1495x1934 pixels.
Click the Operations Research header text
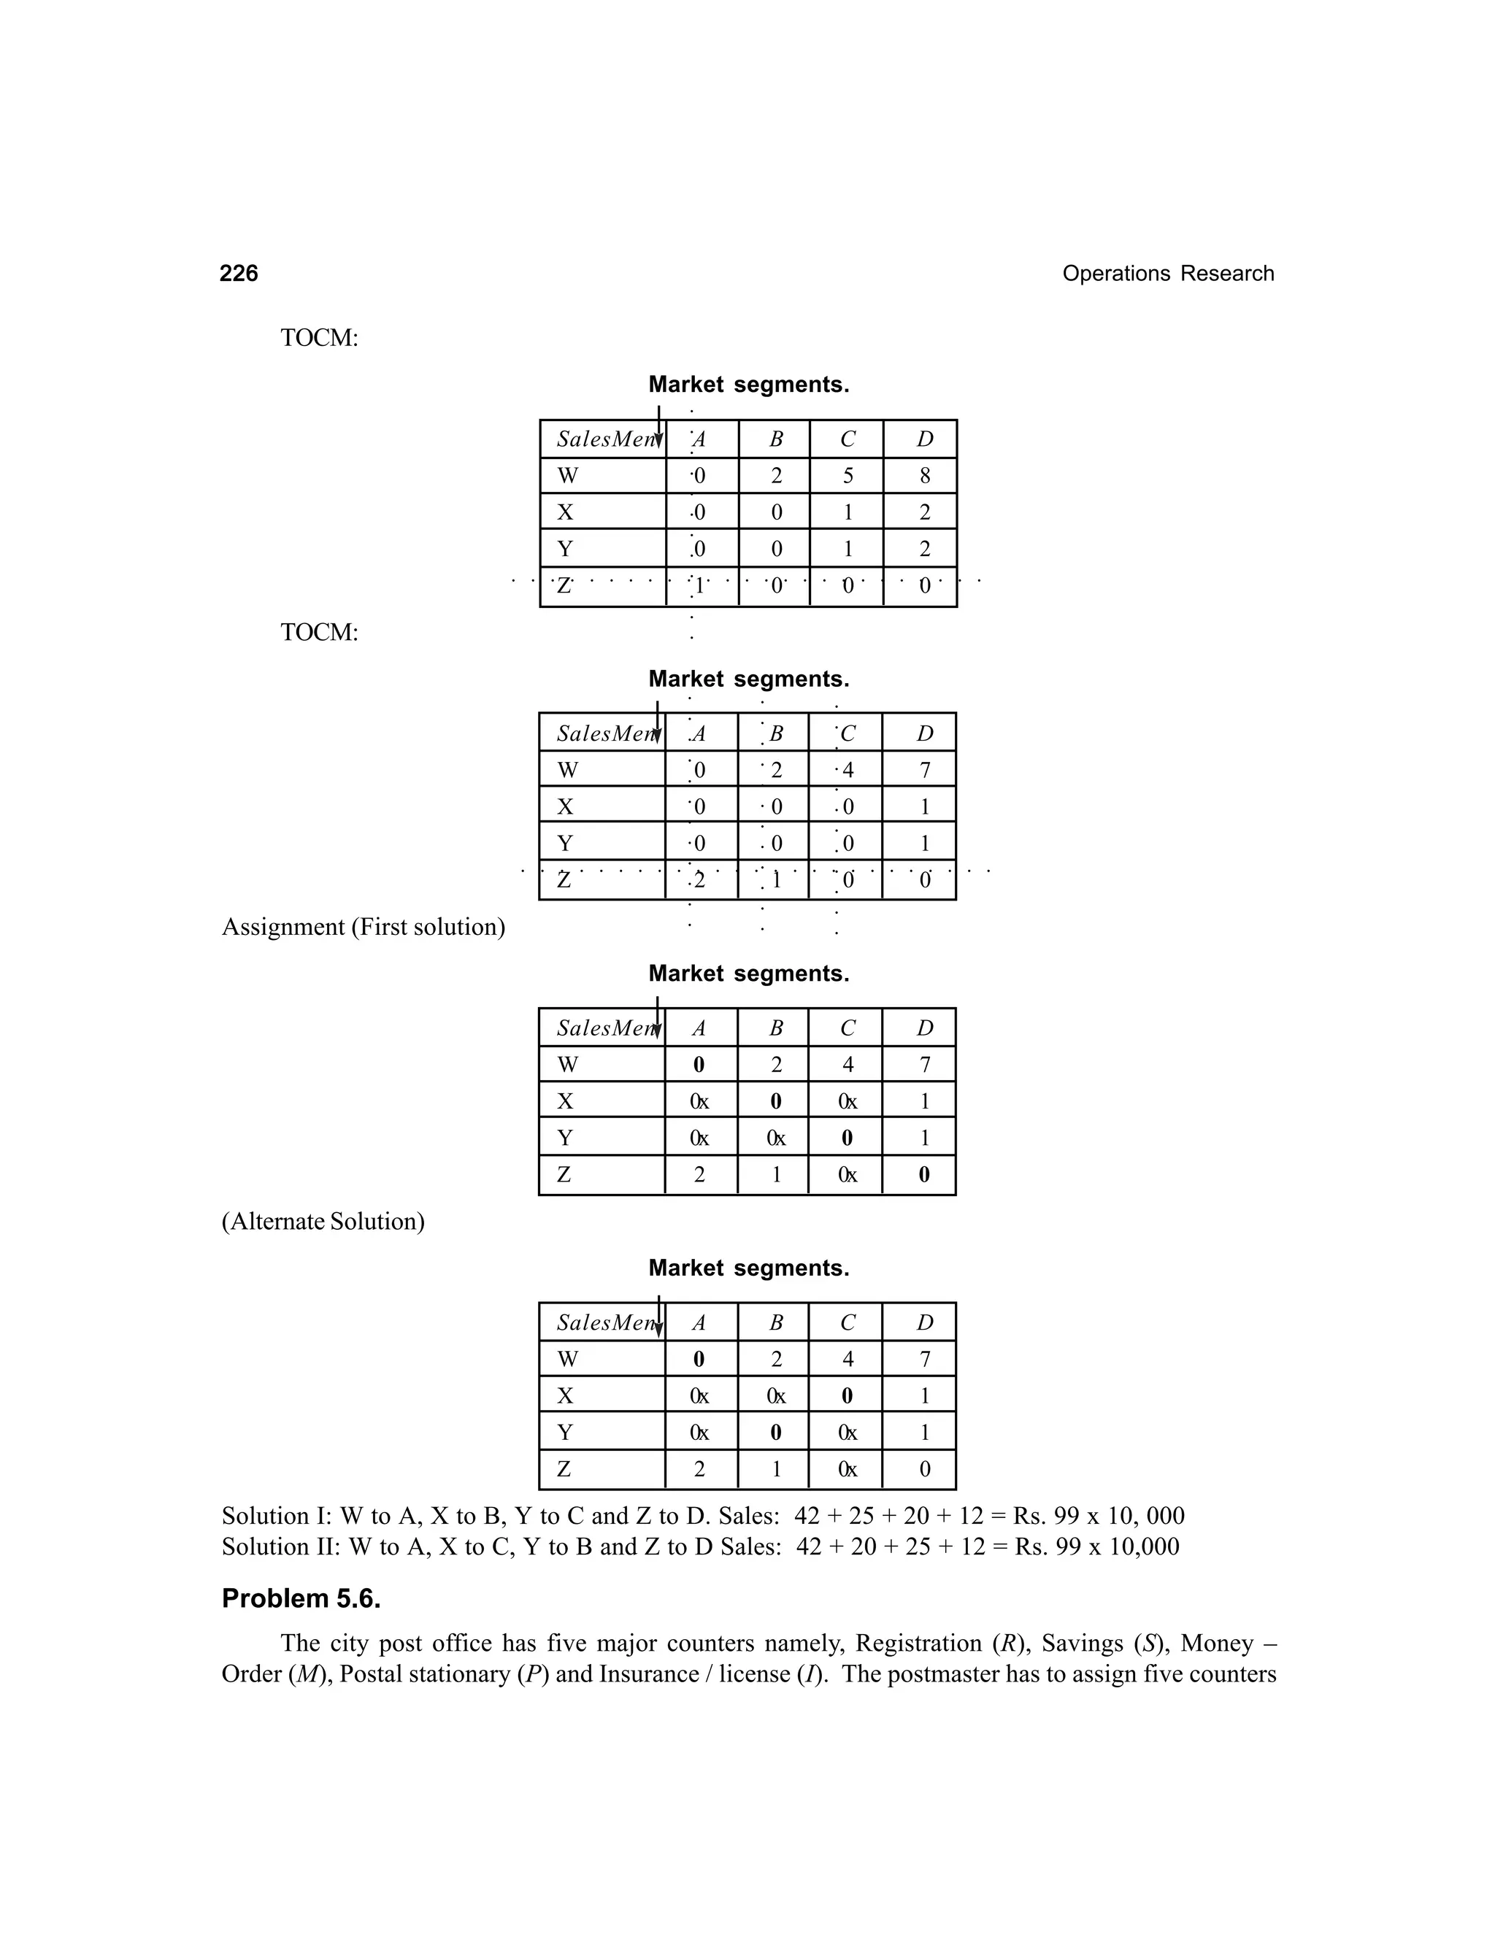(1167, 274)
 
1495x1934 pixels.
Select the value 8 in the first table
(925, 476)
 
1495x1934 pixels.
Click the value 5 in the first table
(848, 476)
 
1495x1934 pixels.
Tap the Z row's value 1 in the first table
(699, 585)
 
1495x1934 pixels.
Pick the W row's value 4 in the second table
(848, 769)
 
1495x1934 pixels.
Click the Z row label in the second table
(564, 880)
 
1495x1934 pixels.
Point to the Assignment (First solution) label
(363, 927)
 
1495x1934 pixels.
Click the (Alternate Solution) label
(323, 1221)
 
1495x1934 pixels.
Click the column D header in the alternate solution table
(925, 1322)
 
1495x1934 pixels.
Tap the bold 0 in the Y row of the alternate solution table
(776, 1432)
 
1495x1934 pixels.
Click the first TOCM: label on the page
(320, 339)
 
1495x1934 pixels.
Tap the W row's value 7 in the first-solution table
(925, 1064)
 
